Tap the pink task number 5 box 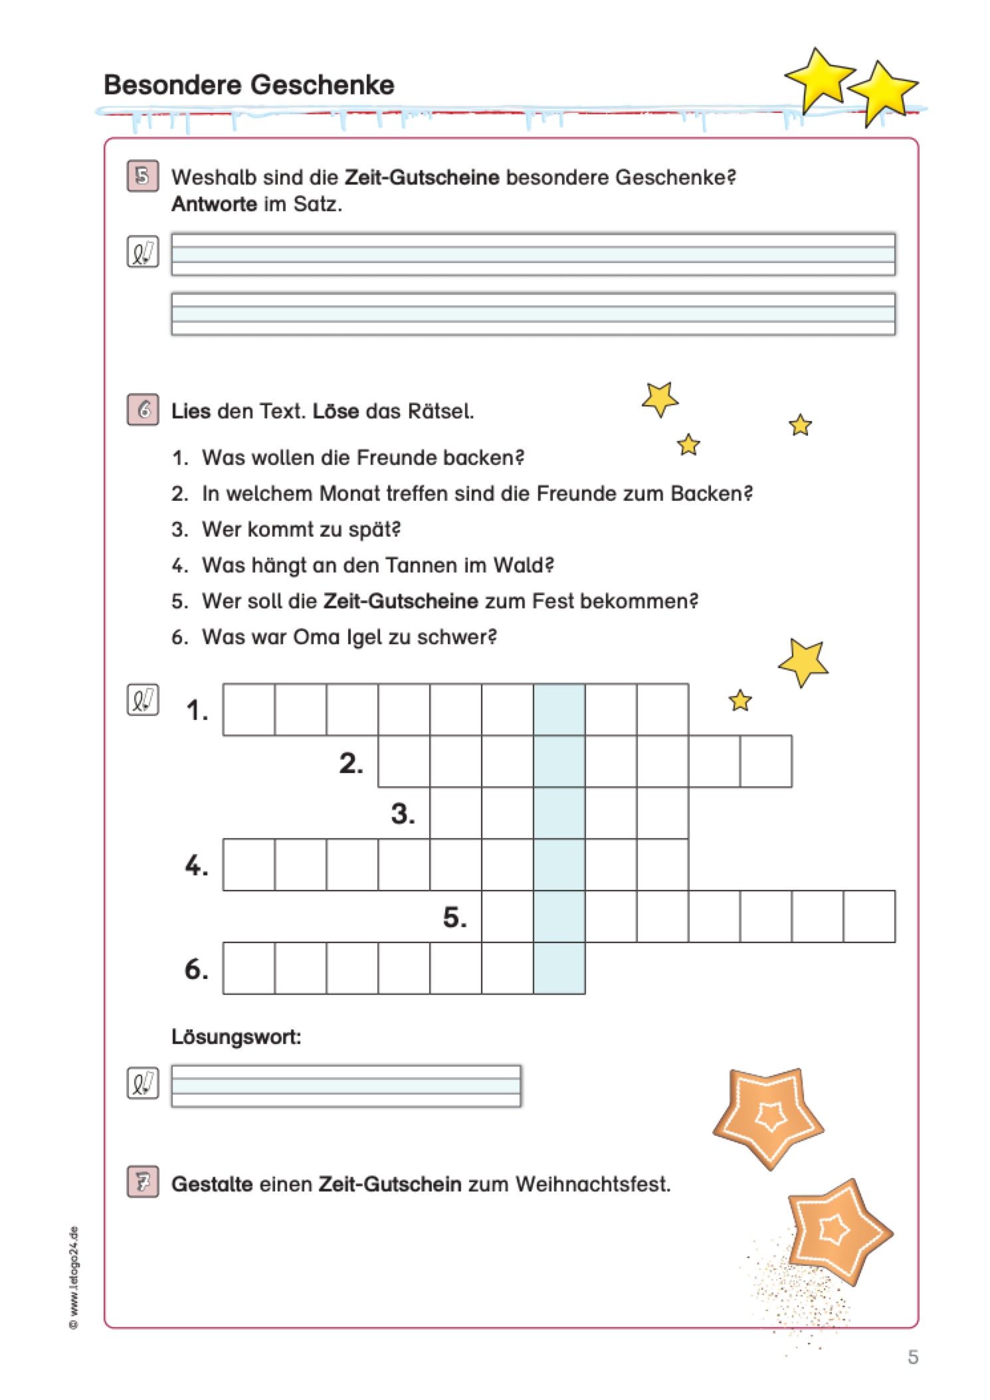pos(142,177)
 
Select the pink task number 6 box pos(142,410)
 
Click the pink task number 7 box pos(142,1183)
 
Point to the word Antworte pos(214,204)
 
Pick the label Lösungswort pos(236,1037)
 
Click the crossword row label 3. pos(403,814)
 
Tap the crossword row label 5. pos(454,917)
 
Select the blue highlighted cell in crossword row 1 pos(559,709)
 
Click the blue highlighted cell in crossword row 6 pos(559,968)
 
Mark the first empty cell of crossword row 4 pos(248,865)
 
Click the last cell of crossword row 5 pos(869,917)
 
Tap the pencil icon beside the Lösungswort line pos(142,1084)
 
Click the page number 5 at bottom pos(913,1357)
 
